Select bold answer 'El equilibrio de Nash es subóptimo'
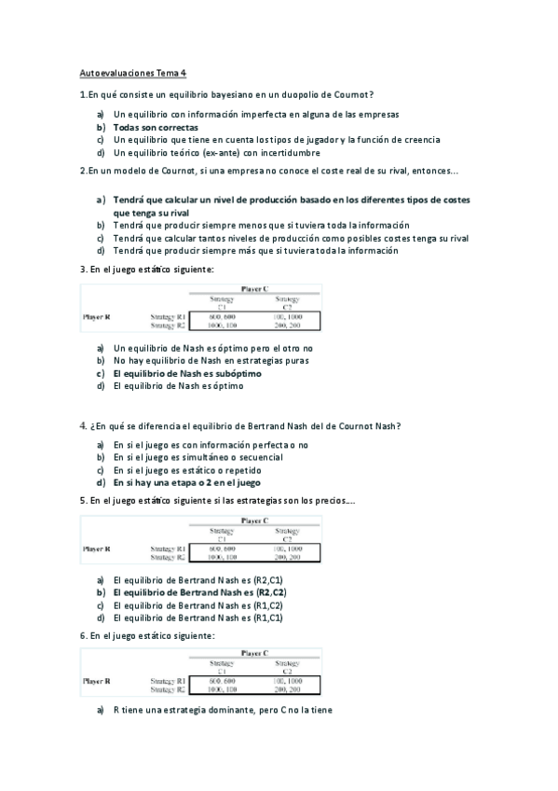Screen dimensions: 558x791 click(x=187, y=372)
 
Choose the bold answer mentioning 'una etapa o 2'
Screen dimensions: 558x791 click(x=187, y=483)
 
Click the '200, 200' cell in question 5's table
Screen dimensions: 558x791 click(x=289, y=557)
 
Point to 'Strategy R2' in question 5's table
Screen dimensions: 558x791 click(x=169, y=557)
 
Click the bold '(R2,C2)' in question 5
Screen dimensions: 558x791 click(x=271, y=591)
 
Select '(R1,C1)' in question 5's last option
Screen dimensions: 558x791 click(x=270, y=617)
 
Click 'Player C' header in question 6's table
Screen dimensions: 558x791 click(x=255, y=654)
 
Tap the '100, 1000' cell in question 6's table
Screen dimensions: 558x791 click(x=289, y=682)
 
